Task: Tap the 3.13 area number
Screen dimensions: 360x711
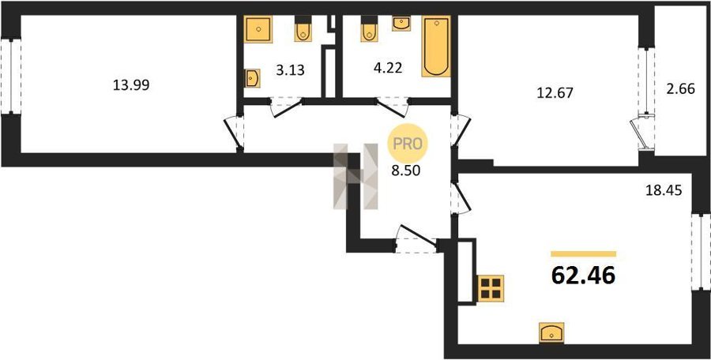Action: (x=290, y=69)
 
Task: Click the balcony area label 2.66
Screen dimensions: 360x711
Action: (x=681, y=88)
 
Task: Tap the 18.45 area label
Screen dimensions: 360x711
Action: (x=664, y=189)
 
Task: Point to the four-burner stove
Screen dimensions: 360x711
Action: (x=491, y=287)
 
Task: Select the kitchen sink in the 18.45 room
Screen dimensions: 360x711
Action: (x=550, y=332)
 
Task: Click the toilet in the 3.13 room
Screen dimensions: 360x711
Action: (x=303, y=30)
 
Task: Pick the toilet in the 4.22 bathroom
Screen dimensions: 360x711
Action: (x=369, y=30)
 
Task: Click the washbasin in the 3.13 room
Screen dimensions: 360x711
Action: (x=251, y=77)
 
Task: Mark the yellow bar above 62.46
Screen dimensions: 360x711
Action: (x=583, y=253)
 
